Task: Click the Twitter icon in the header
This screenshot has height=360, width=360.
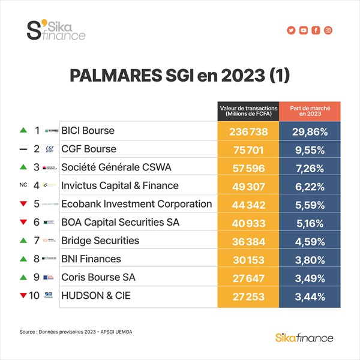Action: click(291, 31)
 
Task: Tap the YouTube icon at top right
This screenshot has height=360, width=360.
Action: click(304, 31)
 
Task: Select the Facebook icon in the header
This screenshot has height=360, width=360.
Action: click(316, 31)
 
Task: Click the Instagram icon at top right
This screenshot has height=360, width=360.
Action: click(328, 31)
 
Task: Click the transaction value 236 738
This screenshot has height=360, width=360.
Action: click(248, 131)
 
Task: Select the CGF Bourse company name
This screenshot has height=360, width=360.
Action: click(89, 149)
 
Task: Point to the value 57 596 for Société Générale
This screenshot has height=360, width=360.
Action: click(248, 167)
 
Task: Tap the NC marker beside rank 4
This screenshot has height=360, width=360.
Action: click(23, 186)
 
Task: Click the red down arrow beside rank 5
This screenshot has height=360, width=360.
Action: click(23, 204)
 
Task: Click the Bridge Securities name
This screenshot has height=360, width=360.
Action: click(100, 241)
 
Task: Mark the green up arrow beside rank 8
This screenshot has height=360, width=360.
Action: click(23, 259)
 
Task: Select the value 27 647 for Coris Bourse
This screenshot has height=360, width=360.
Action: click(248, 278)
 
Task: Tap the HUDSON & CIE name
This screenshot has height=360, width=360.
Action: click(95, 296)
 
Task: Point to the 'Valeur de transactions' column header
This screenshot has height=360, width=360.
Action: click(248, 111)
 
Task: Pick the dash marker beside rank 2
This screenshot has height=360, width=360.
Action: click(23, 149)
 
